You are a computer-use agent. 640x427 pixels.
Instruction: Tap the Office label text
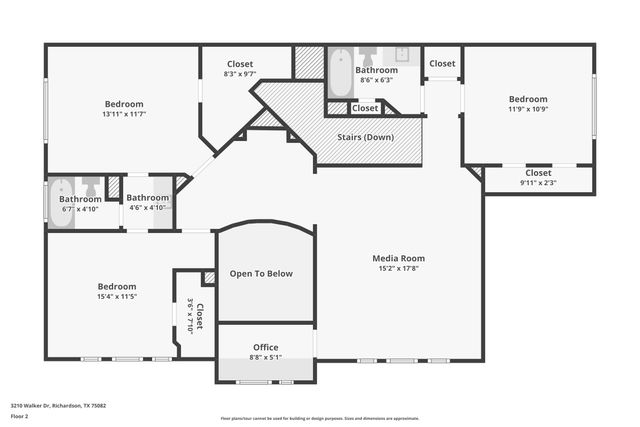tap(266, 347)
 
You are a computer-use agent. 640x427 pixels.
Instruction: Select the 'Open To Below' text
tap(261, 274)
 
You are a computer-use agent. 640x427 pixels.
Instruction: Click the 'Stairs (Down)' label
tap(364, 137)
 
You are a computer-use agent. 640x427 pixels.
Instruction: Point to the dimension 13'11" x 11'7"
tap(125, 114)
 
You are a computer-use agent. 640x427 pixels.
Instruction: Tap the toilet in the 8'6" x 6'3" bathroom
tap(367, 54)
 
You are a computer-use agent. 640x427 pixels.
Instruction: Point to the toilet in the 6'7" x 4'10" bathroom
tap(91, 186)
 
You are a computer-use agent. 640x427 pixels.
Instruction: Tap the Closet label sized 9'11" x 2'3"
tap(538, 172)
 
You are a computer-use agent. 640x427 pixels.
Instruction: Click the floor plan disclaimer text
tap(319, 419)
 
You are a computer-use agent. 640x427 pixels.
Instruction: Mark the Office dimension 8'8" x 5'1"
tap(266, 357)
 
